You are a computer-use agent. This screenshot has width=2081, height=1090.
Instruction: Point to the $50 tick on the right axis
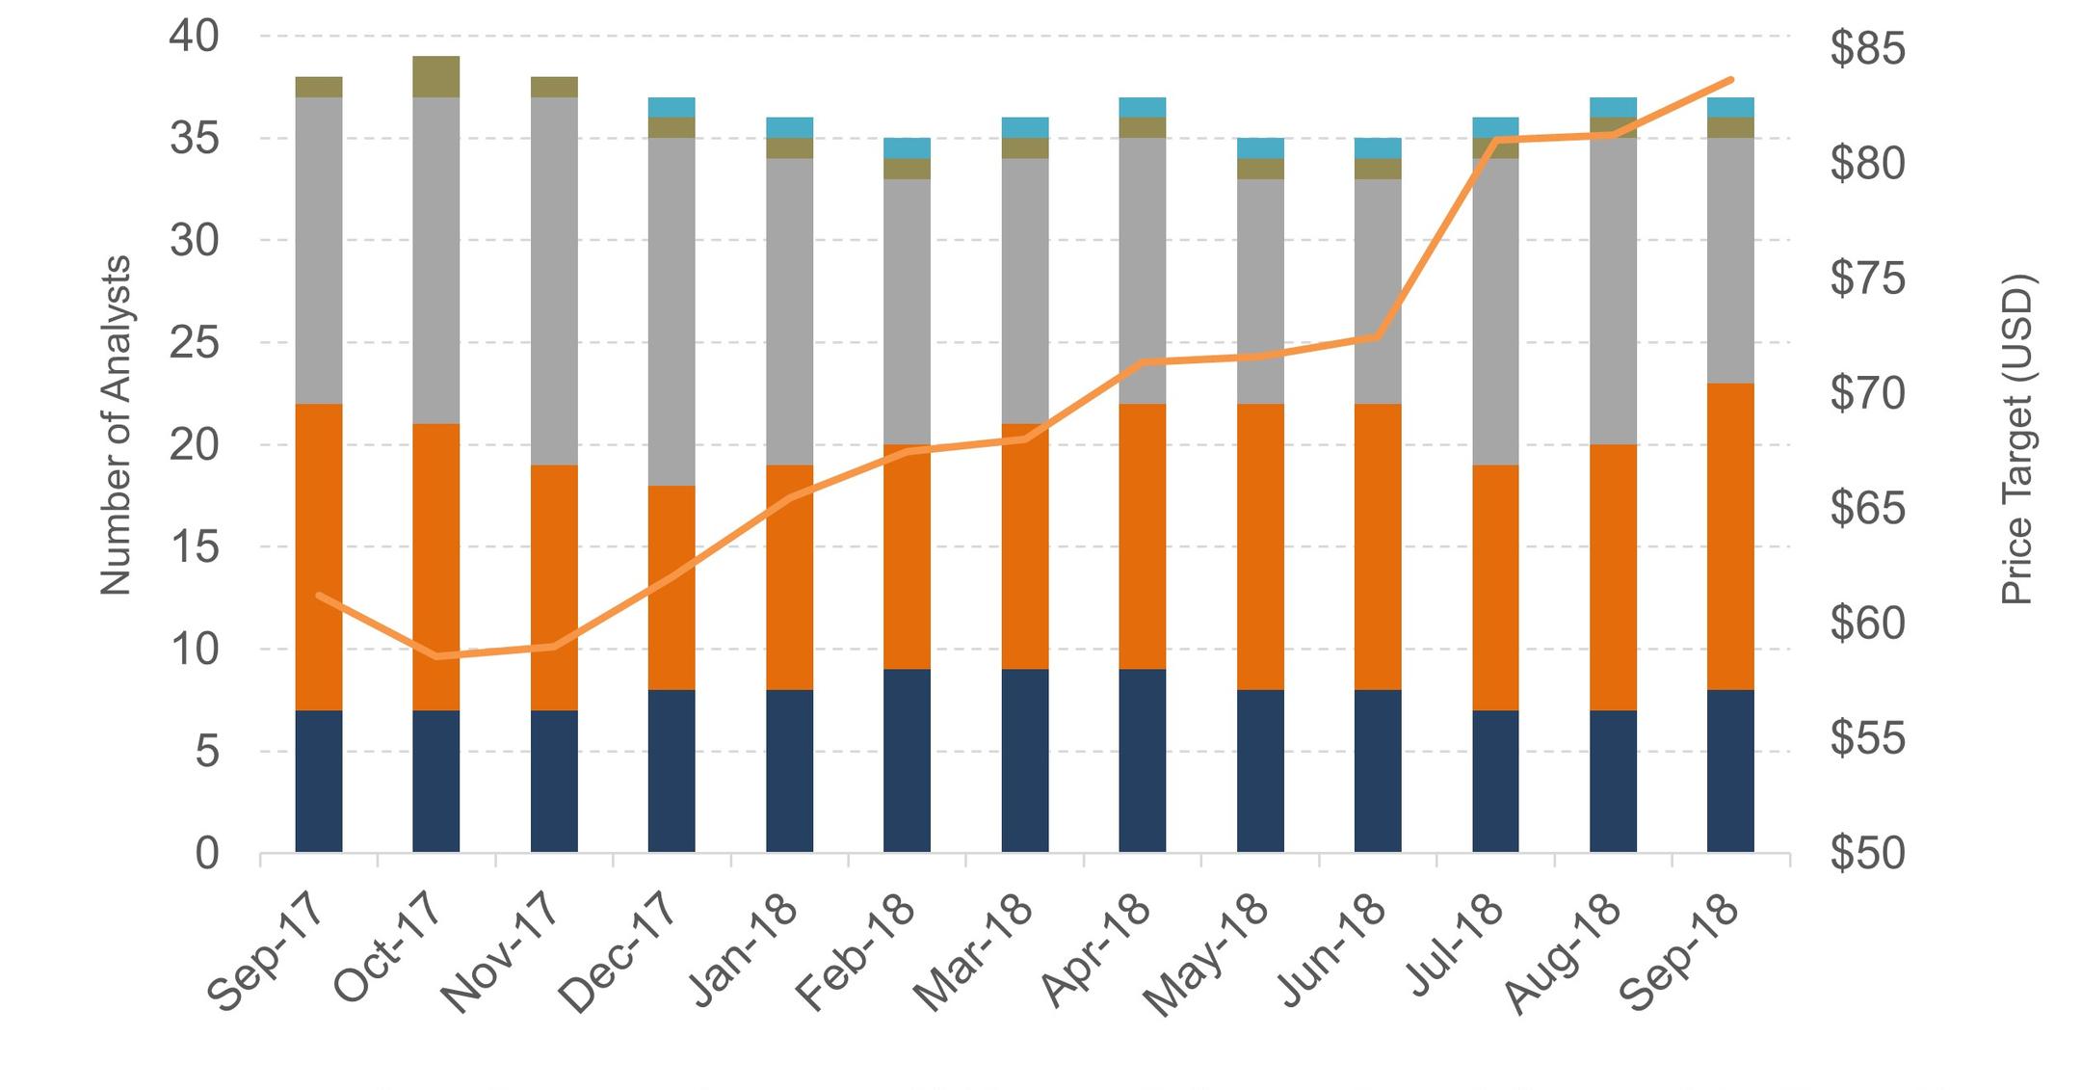coord(1867,853)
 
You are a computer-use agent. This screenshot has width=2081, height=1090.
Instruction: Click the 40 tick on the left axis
coord(195,37)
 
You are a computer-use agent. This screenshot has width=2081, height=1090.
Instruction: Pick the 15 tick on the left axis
coord(195,547)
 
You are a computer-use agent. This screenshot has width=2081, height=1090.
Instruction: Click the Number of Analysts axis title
coord(116,425)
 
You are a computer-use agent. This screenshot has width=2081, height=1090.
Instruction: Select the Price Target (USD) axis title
coord(2015,439)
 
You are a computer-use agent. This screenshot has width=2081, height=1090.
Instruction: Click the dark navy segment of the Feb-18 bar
coord(907,760)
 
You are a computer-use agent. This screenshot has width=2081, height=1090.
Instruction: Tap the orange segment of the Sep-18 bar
coord(1730,536)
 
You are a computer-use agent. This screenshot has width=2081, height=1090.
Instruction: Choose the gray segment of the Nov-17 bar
coord(554,280)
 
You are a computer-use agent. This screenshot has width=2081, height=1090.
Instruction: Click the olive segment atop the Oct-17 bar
coord(436,77)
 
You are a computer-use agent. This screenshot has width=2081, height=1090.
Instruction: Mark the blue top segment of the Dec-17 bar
coord(672,107)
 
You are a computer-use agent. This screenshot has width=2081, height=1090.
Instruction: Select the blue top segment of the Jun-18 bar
coord(1378,147)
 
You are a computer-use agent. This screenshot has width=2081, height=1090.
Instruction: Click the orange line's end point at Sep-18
coord(1730,80)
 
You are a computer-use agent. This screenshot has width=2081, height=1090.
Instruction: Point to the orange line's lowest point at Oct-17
coord(438,656)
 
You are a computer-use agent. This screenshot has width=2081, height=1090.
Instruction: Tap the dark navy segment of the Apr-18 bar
coord(1143,760)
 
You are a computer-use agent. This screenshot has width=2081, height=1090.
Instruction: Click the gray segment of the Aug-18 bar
coord(1613,290)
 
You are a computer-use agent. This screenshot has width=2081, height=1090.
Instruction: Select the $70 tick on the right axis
coord(1867,393)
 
